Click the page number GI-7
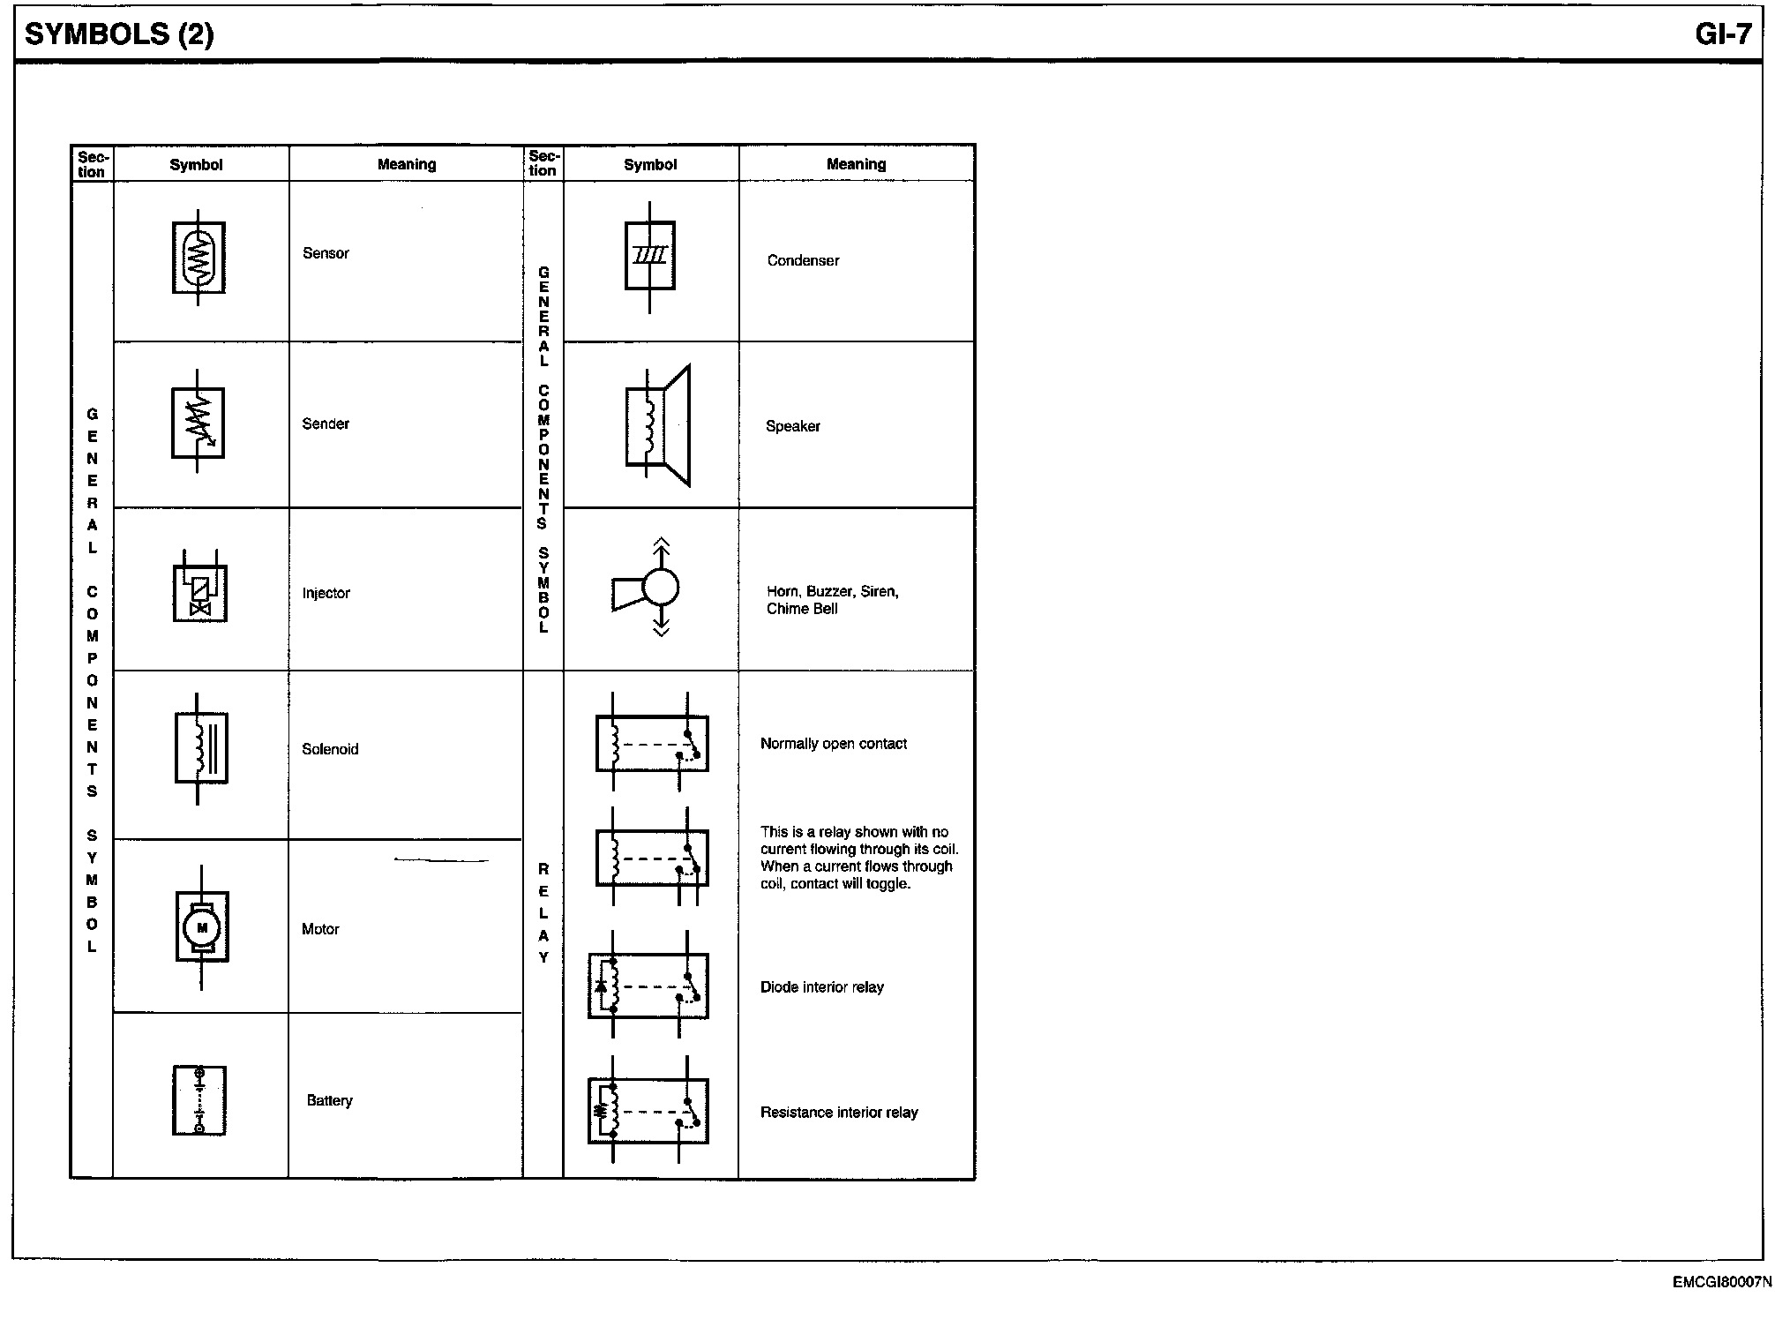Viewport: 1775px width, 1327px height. [1723, 34]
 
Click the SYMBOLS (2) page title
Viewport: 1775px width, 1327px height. [119, 34]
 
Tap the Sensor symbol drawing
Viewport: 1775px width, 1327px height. [198, 258]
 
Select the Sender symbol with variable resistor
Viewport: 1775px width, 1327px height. [198, 422]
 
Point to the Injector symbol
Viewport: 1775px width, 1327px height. [199, 586]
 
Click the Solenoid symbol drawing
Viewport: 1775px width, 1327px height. [201, 748]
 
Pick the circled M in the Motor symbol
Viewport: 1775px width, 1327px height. [202, 927]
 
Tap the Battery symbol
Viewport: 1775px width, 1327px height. [199, 1100]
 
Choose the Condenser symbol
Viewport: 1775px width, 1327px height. [650, 256]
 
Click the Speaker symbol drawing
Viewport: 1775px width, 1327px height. [657, 425]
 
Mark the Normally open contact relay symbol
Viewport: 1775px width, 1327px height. [652, 742]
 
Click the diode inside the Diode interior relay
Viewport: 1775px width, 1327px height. [602, 986]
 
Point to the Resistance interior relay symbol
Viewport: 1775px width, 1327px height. [648, 1111]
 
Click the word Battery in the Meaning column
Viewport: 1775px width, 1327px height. [329, 1100]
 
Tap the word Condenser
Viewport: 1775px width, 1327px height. [803, 260]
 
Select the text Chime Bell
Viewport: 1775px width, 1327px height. [802, 609]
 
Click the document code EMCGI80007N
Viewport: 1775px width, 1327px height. [1721, 1283]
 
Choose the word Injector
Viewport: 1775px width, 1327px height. [326, 593]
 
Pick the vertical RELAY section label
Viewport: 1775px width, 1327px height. [543, 913]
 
